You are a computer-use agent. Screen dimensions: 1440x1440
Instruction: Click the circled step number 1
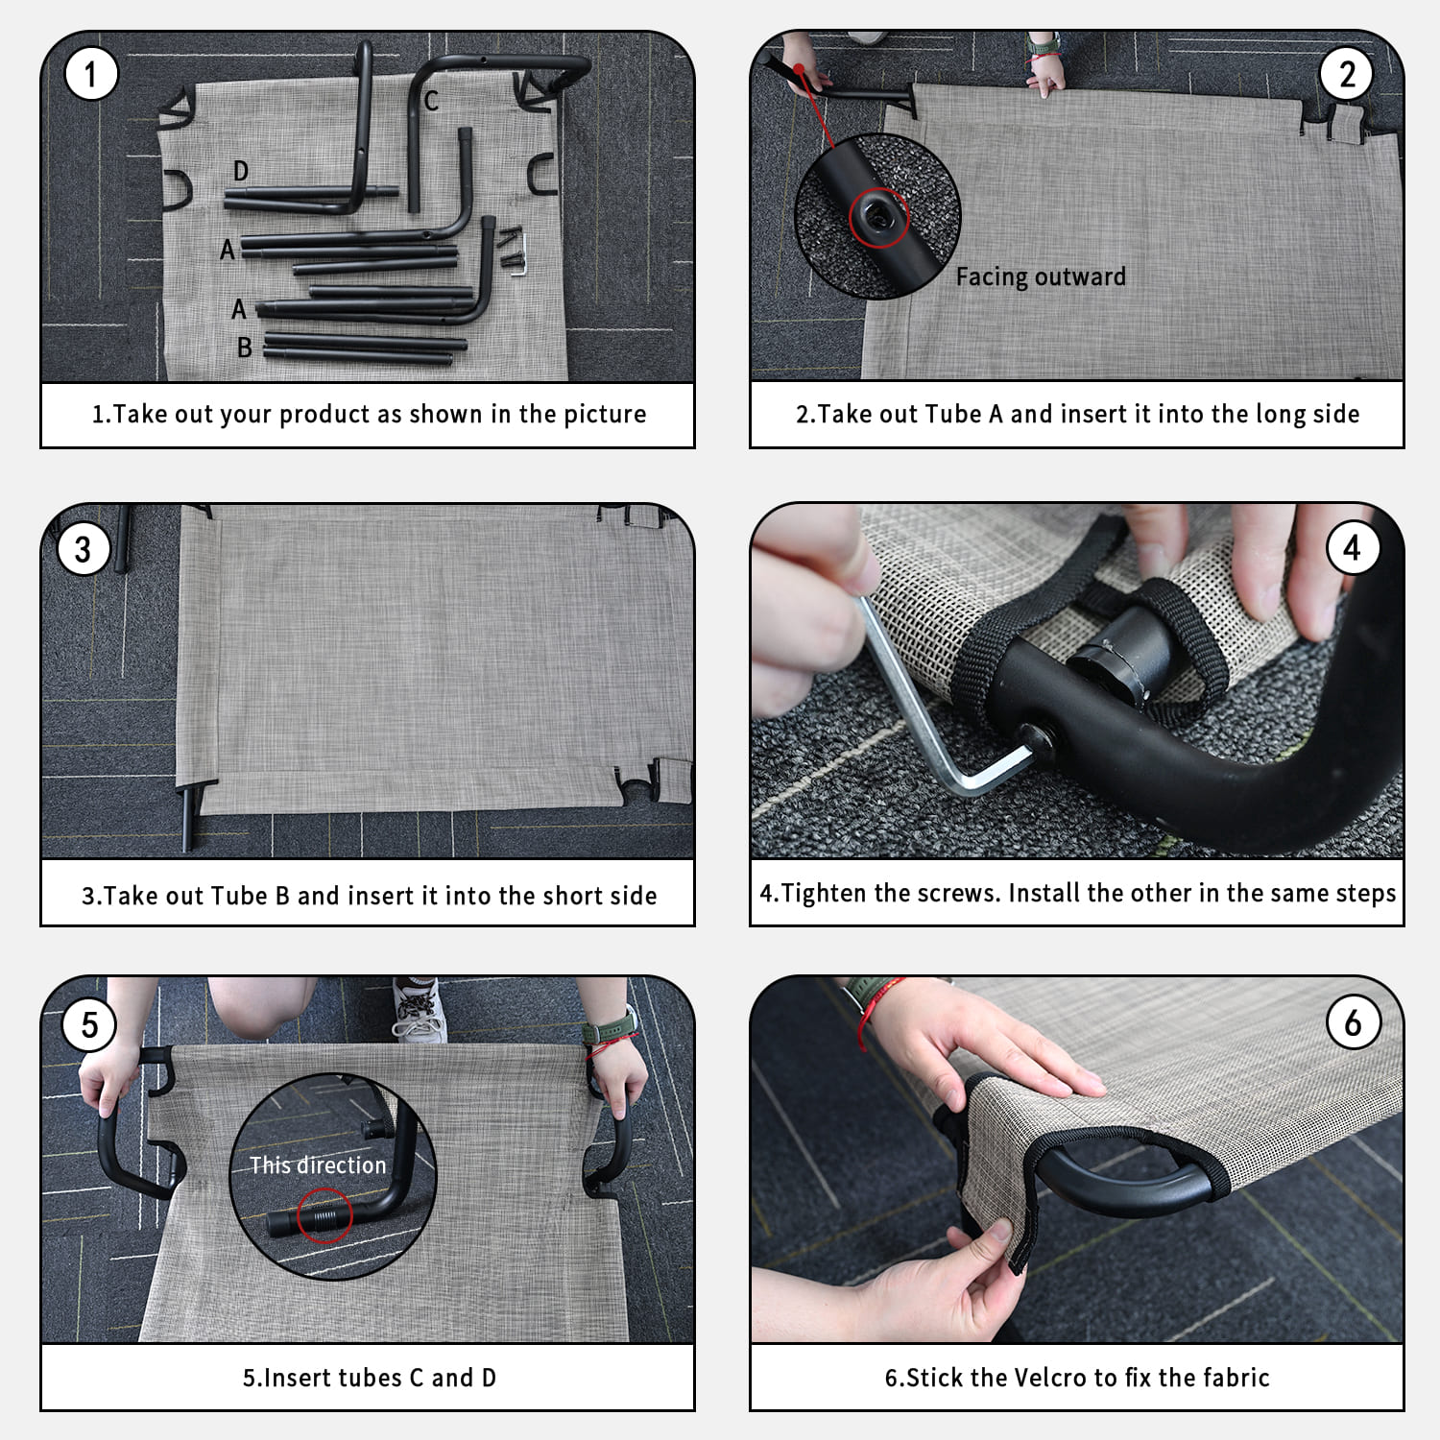pos(91,74)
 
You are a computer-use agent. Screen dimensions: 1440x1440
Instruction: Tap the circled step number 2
pos(1347,74)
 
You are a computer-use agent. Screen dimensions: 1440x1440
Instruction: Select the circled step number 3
pos(84,549)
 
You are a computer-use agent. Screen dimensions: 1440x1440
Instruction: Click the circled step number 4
pos(1353,548)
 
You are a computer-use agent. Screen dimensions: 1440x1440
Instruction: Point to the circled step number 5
pos(89,1024)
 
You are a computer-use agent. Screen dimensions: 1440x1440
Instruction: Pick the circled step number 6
pos(1353,1022)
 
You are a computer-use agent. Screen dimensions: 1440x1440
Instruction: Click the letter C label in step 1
pos(431,100)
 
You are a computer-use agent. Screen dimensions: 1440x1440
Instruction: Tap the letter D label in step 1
pos(241,171)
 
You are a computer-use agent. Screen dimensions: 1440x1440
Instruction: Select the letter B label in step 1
pos(245,348)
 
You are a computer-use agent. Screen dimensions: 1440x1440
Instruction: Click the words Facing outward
pos(1041,276)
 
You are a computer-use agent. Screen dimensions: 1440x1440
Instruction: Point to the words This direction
pos(318,1164)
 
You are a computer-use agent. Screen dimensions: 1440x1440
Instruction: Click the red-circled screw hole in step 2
pos(876,217)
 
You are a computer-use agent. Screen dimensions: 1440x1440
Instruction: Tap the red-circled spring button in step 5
pos(324,1216)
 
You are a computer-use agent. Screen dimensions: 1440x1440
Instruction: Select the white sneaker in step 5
pos(419,1010)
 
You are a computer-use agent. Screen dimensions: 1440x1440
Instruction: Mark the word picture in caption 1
pos(605,415)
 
